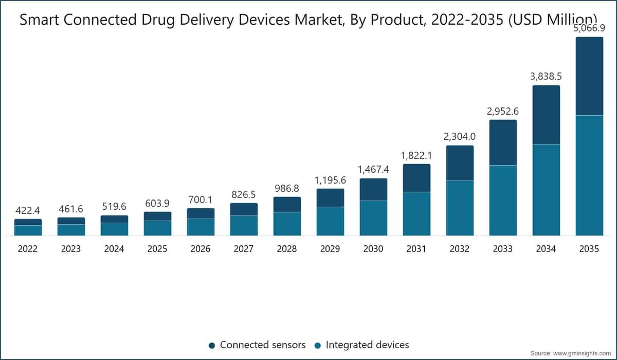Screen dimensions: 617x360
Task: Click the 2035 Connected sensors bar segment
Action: (x=589, y=76)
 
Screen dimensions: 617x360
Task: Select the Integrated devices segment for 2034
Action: (x=546, y=190)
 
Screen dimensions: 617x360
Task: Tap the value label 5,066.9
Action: (x=589, y=28)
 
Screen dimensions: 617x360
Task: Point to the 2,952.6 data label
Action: (x=503, y=111)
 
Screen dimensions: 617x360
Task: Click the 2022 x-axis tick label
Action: (x=28, y=249)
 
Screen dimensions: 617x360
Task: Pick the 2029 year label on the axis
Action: (x=330, y=249)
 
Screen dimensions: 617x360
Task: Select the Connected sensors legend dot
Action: (x=212, y=346)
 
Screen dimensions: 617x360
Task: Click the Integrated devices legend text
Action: (x=367, y=345)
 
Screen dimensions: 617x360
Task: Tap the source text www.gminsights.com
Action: (x=582, y=353)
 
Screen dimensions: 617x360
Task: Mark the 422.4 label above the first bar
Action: (x=28, y=211)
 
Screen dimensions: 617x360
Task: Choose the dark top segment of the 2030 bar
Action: (x=373, y=189)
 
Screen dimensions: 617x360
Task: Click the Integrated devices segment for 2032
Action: (x=460, y=208)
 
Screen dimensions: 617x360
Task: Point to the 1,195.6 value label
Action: (x=330, y=181)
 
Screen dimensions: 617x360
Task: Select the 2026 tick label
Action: (x=200, y=249)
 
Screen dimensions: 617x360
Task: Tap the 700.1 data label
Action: (x=200, y=200)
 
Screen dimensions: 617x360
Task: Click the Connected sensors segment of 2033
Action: (x=503, y=142)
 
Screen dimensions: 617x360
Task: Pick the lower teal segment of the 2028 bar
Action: (x=287, y=224)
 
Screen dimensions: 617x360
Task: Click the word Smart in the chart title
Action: (x=40, y=20)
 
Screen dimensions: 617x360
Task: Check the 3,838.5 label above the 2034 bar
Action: (x=546, y=76)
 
